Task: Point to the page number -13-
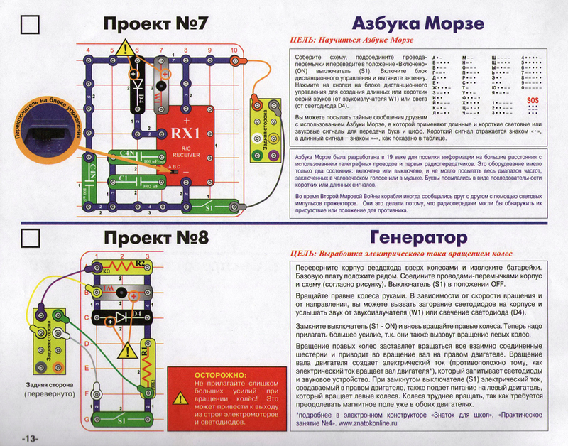pyautogui.click(x=33, y=435)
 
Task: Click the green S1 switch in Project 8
pyautogui.click(x=121, y=420)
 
